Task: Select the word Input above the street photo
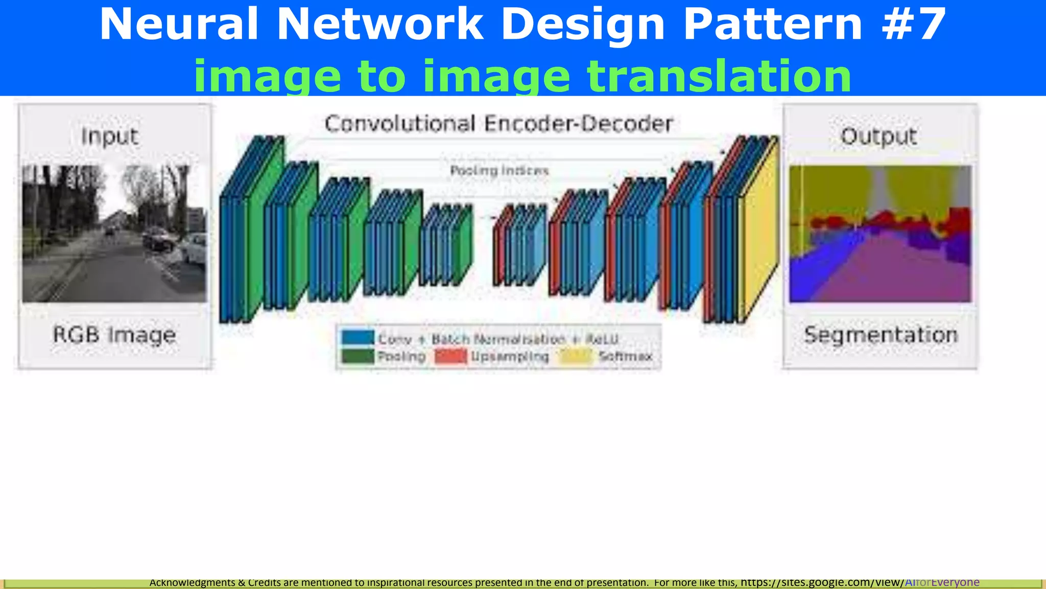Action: tap(110, 137)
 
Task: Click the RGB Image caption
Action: tap(114, 335)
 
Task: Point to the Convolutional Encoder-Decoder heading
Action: tap(498, 124)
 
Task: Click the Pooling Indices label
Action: tap(499, 170)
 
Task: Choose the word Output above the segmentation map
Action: tap(878, 137)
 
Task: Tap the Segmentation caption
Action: tap(881, 335)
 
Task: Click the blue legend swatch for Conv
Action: tap(358, 338)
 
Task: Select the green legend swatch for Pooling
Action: tap(358, 356)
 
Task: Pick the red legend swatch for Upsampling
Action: tap(450, 356)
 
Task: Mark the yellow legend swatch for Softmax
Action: tap(576, 356)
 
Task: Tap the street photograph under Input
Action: tap(114, 234)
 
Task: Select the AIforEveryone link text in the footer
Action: tap(942, 582)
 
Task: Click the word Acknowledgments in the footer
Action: tap(192, 582)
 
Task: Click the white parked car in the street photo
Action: tap(193, 248)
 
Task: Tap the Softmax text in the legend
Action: tap(625, 356)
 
